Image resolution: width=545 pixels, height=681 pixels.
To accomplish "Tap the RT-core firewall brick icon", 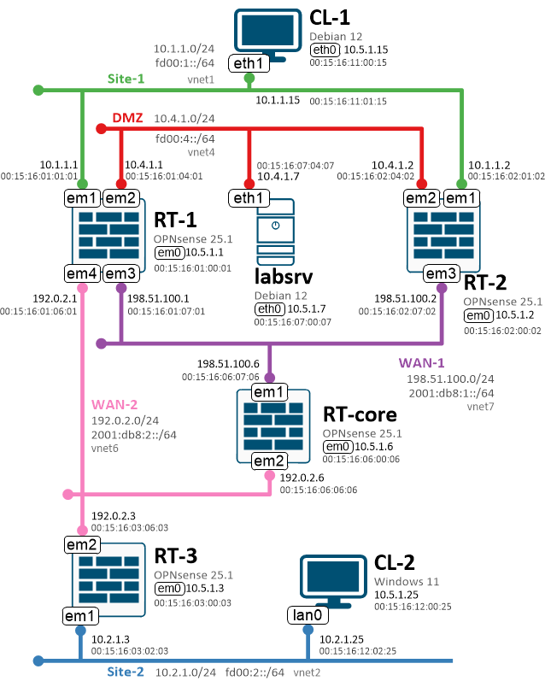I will click(x=271, y=427).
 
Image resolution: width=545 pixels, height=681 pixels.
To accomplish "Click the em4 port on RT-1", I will click(x=83, y=273).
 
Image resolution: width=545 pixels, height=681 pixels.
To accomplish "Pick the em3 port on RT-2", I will click(x=442, y=273).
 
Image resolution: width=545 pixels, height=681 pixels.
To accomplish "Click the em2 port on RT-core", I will click(x=271, y=462).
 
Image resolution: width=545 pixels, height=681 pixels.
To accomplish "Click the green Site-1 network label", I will click(x=126, y=79).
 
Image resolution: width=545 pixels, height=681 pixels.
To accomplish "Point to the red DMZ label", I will click(x=128, y=117).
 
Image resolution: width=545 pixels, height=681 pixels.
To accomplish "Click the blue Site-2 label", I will click(x=126, y=672).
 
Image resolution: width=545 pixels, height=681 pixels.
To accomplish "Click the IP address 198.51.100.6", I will click(x=226, y=362).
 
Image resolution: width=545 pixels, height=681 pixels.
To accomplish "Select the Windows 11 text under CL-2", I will click(x=407, y=581).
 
